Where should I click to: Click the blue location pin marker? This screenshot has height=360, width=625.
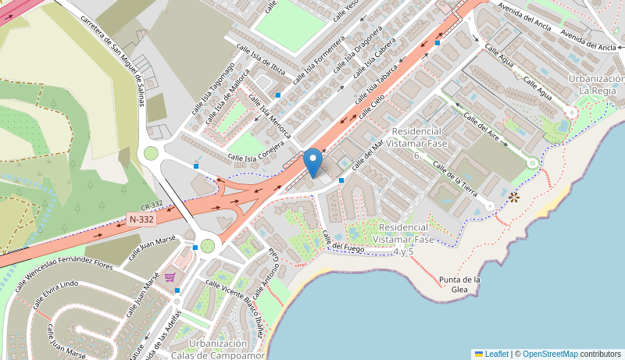[312, 162]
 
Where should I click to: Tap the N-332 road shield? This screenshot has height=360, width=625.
[141, 219]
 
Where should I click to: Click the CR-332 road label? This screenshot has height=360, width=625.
[152, 205]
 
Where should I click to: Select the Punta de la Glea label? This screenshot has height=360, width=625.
[459, 284]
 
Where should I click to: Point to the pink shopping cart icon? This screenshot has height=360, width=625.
[170, 276]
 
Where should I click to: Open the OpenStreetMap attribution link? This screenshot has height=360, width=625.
[550, 354]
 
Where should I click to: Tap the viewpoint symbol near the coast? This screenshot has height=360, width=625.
[514, 197]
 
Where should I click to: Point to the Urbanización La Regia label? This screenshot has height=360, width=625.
[596, 84]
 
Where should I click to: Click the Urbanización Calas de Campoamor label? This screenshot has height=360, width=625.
[218, 349]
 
